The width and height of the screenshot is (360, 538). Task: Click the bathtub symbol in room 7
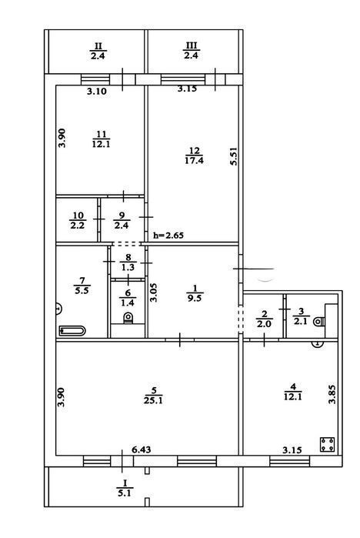click(x=72, y=331)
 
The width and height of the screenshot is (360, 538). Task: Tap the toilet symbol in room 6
click(x=128, y=318)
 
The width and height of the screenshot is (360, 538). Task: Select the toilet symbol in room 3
click(x=319, y=322)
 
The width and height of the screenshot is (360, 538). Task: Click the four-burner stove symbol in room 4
click(x=327, y=444)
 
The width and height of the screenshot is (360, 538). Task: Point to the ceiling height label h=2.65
click(x=168, y=236)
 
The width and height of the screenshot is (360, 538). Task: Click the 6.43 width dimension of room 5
click(x=142, y=449)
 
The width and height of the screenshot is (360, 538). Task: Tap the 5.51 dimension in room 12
click(x=234, y=156)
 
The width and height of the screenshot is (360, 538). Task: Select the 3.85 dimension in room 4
click(x=332, y=395)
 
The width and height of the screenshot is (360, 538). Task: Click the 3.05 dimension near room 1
click(x=155, y=292)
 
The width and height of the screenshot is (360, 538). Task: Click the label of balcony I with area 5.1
click(x=125, y=488)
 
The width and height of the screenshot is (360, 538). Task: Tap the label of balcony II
click(x=98, y=51)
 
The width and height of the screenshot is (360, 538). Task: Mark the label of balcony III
click(x=191, y=51)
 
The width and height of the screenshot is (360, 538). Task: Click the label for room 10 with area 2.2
click(x=78, y=220)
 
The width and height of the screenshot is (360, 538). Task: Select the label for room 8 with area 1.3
click(x=128, y=262)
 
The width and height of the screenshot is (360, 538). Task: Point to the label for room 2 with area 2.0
click(x=264, y=319)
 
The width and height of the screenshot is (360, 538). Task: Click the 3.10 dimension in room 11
click(x=97, y=92)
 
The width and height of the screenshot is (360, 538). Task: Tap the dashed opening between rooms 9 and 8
click(x=127, y=244)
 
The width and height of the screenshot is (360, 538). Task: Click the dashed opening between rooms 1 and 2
click(x=241, y=319)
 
